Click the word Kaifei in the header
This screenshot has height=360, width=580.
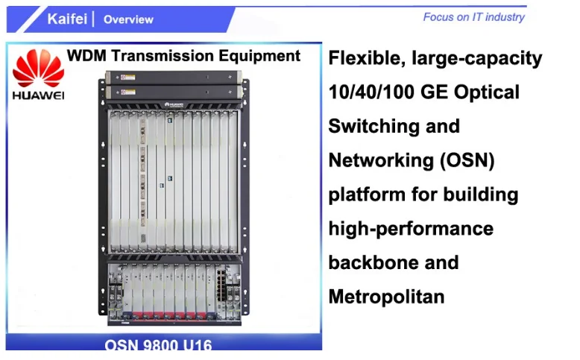point(67,19)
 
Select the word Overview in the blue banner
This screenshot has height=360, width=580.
point(128,19)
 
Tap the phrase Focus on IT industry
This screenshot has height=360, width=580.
point(473,16)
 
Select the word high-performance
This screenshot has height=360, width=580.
point(411,228)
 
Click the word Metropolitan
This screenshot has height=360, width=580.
point(386,297)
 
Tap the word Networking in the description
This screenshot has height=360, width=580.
point(378,160)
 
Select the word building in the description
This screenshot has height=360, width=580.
point(479,195)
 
